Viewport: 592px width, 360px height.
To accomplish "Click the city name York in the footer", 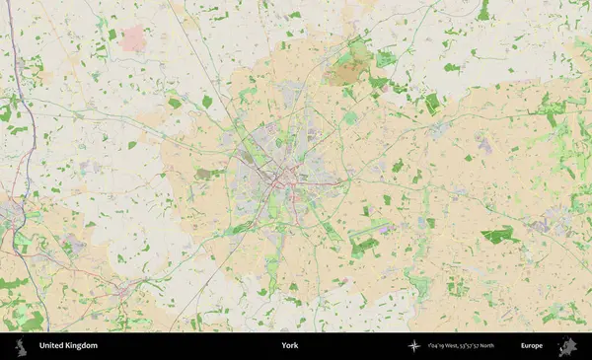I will tap(289, 346).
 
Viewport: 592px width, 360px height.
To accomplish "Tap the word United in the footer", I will tap(52, 346).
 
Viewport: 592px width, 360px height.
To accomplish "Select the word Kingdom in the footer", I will tap(82, 346).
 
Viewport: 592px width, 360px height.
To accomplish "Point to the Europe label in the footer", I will tap(533, 346).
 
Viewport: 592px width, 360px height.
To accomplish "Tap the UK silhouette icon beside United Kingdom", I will tap(21, 346).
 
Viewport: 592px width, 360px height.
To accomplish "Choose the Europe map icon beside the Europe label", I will tap(567, 346).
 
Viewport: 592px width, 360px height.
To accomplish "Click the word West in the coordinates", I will tap(454, 346).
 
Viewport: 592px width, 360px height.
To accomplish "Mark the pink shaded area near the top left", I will tap(133, 38).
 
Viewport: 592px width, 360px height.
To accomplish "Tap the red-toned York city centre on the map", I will tap(287, 179).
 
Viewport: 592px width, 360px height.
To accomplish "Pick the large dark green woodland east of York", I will tap(499, 235).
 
